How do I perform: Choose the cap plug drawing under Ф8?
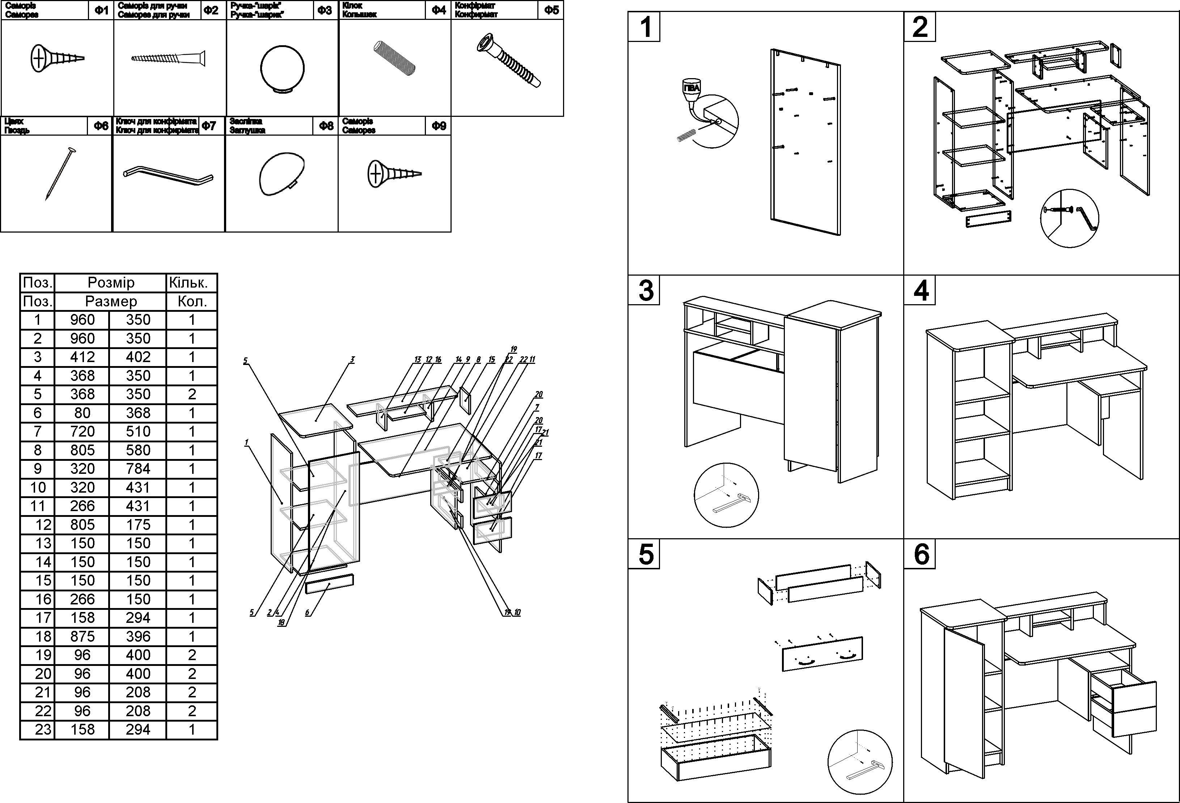(x=281, y=174)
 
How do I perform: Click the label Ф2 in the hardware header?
(x=211, y=10)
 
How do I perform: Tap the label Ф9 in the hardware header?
(x=439, y=126)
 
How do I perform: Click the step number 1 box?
(x=644, y=27)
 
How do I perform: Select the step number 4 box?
(x=920, y=290)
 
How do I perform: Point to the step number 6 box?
(x=920, y=554)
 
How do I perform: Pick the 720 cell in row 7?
(x=82, y=432)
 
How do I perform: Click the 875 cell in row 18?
(x=82, y=637)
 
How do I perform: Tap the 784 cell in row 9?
(x=138, y=468)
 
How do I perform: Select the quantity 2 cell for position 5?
(x=192, y=394)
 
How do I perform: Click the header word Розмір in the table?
(x=111, y=283)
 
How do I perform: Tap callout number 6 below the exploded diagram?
(x=307, y=613)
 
